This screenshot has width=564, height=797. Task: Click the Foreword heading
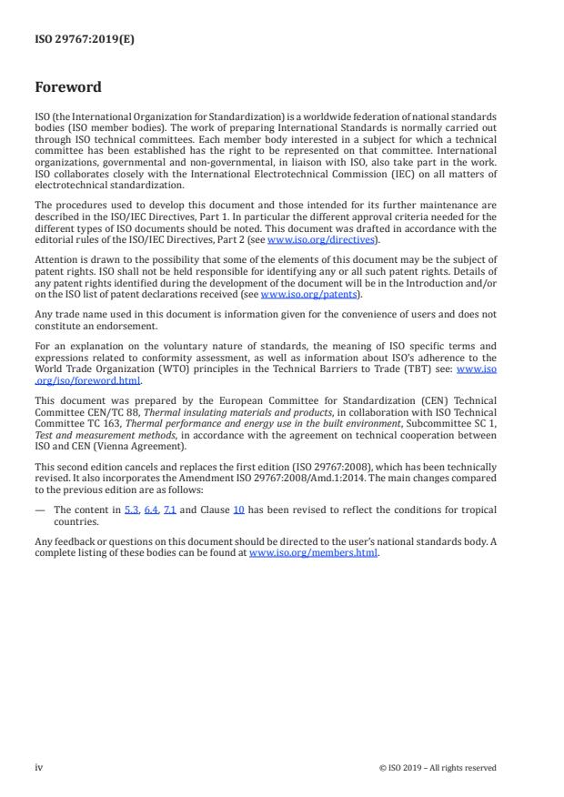[x=68, y=88]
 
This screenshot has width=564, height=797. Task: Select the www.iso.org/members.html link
[x=313, y=552]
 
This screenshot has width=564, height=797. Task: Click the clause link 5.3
[x=131, y=510]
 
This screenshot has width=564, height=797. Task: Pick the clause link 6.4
[x=151, y=510]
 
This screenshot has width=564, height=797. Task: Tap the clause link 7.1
[x=170, y=510]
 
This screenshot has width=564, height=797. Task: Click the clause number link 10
[x=238, y=510]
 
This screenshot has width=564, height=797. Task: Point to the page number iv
[x=39, y=767]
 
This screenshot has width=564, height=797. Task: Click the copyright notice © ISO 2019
[x=437, y=768]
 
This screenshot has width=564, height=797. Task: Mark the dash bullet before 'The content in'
[x=40, y=510]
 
